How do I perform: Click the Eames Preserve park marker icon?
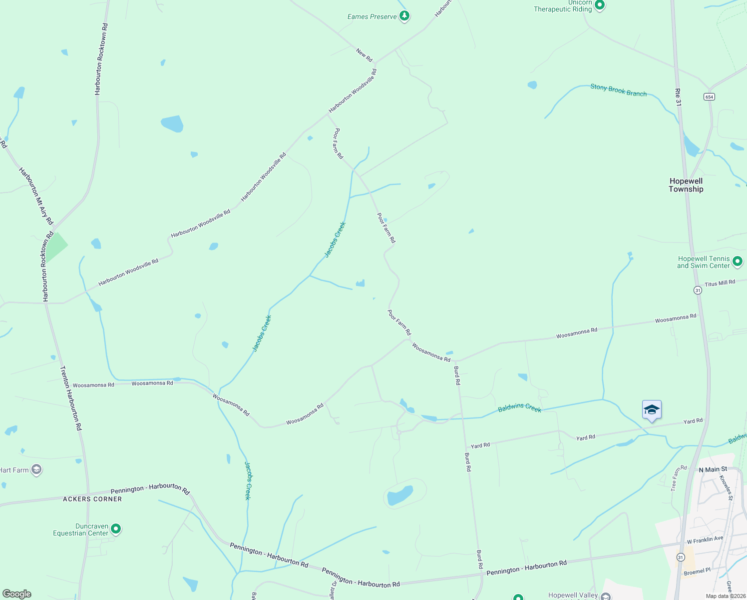click(x=404, y=16)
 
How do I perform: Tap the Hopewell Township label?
click(x=686, y=185)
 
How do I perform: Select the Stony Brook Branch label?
click(x=618, y=90)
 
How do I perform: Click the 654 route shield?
click(x=709, y=96)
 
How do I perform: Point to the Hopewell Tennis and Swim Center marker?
click(x=738, y=261)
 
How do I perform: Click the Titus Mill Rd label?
click(x=720, y=283)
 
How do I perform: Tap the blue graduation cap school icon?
click(x=652, y=410)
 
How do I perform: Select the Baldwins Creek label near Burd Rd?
click(x=519, y=408)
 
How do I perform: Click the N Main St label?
click(x=713, y=469)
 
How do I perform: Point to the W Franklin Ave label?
click(x=705, y=539)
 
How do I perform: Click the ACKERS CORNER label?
click(x=92, y=499)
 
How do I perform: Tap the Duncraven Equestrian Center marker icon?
click(x=116, y=528)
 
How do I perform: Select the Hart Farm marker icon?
click(x=36, y=469)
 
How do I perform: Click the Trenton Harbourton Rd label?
click(x=70, y=398)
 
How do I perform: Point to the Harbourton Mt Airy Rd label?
click(x=36, y=195)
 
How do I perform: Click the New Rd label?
click(x=365, y=55)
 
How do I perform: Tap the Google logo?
click(x=17, y=594)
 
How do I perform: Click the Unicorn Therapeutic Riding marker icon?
click(x=600, y=5)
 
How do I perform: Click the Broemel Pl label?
click(x=697, y=571)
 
